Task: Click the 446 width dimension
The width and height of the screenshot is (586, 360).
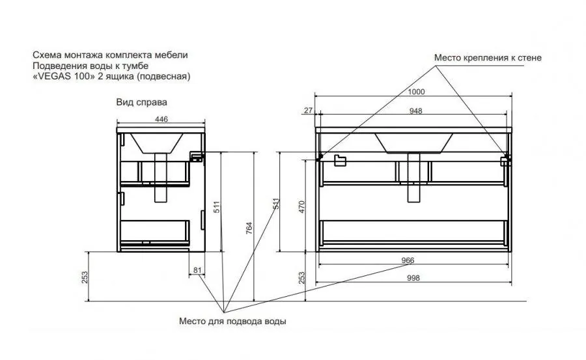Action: [x=161, y=119]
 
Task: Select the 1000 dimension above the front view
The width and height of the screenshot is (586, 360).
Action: [x=416, y=92]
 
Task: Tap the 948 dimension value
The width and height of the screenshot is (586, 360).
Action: [x=415, y=111]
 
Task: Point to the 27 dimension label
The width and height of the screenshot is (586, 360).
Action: [x=309, y=110]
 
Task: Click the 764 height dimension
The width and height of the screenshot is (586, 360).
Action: [x=249, y=228]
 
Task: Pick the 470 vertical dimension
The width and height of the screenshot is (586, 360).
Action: [x=302, y=207]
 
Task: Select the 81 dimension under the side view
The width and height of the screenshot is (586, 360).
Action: [x=197, y=270]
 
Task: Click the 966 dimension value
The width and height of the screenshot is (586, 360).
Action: [x=408, y=260]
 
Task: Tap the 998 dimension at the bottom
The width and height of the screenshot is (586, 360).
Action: [x=413, y=278]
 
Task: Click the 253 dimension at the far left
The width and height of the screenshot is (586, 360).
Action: [x=85, y=277]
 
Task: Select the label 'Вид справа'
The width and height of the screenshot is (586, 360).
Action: [x=142, y=102]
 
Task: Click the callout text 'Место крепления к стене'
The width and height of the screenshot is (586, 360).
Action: [x=488, y=58]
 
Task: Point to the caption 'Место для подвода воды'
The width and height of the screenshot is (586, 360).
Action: [x=232, y=321]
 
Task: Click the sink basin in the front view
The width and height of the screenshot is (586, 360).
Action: [x=413, y=143]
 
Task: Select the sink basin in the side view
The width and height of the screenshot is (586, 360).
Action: [x=156, y=143]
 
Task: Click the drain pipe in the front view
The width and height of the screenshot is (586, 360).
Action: [x=413, y=178]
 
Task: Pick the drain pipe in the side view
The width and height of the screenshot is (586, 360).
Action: [x=161, y=178]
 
